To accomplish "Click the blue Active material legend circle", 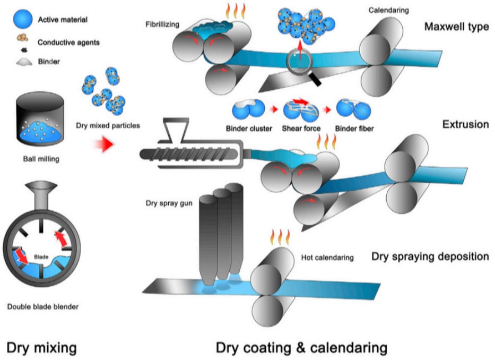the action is click(x=23, y=19).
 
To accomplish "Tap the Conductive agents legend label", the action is click(x=68, y=42).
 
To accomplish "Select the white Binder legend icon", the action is click(x=24, y=62).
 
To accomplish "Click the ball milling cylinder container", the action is click(x=40, y=118).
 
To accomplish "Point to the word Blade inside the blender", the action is click(x=41, y=257).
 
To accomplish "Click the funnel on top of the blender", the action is click(x=41, y=195).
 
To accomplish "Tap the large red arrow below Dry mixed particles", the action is click(x=104, y=144).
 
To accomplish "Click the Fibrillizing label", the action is click(x=162, y=24).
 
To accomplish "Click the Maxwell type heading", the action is click(x=456, y=27).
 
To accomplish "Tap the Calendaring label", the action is click(x=388, y=11).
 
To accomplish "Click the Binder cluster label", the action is click(x=249, y=128).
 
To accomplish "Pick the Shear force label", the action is click(x=301, y=128).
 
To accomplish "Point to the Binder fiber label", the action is click(x=354, y=128).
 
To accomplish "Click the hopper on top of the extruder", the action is click(x=176, y=130).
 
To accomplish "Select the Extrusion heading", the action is click(x=466, y=124).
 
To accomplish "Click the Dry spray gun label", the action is click(x=169, y=203).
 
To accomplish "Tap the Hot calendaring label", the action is click(x=327, y=258).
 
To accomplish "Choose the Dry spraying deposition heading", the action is click(x=430, y=256).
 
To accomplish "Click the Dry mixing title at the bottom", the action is click(x=41, y=347).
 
